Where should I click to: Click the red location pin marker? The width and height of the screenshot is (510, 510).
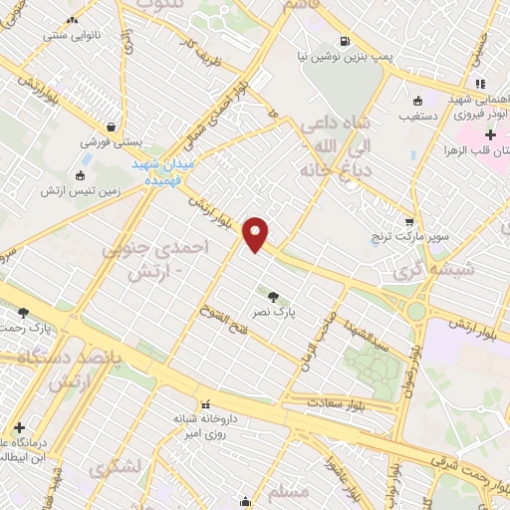click(x=257, y=233)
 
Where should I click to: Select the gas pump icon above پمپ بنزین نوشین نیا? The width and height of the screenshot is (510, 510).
click(x=345, y=42)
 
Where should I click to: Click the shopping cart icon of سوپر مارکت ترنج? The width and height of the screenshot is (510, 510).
click(x=409, y=221)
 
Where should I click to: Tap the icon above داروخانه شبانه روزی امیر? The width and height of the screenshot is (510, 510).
click(x=207, y=405)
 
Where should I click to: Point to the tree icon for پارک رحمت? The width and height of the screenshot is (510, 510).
click(x=23, y=313)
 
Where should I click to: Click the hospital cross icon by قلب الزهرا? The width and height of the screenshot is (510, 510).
click(x=490, y=134)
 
